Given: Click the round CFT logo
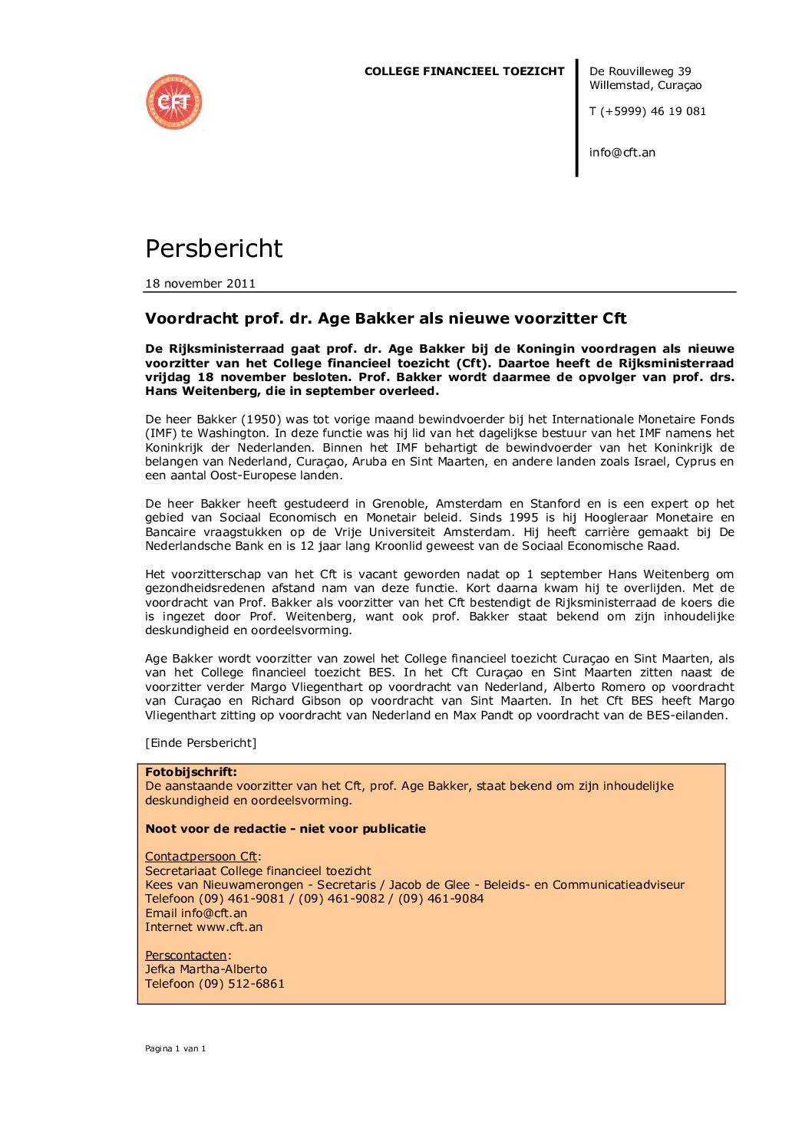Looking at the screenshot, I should (174, 102).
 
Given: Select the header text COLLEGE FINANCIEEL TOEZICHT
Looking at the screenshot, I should (464, 71).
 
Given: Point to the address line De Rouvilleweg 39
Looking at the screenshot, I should (640, 71).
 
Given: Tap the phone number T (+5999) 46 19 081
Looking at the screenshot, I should (647, 111).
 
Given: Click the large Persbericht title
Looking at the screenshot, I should (214, 248).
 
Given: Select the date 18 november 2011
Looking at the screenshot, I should (200, 283).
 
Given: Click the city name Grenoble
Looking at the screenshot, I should (399, 504).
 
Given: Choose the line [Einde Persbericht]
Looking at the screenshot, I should (200, 743).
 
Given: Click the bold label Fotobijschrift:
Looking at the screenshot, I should (191, 772).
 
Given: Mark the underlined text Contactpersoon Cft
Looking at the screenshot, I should (201, 857).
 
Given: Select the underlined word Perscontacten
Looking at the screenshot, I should (186, 956).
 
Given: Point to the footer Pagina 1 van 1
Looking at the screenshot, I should (175, 1049).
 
